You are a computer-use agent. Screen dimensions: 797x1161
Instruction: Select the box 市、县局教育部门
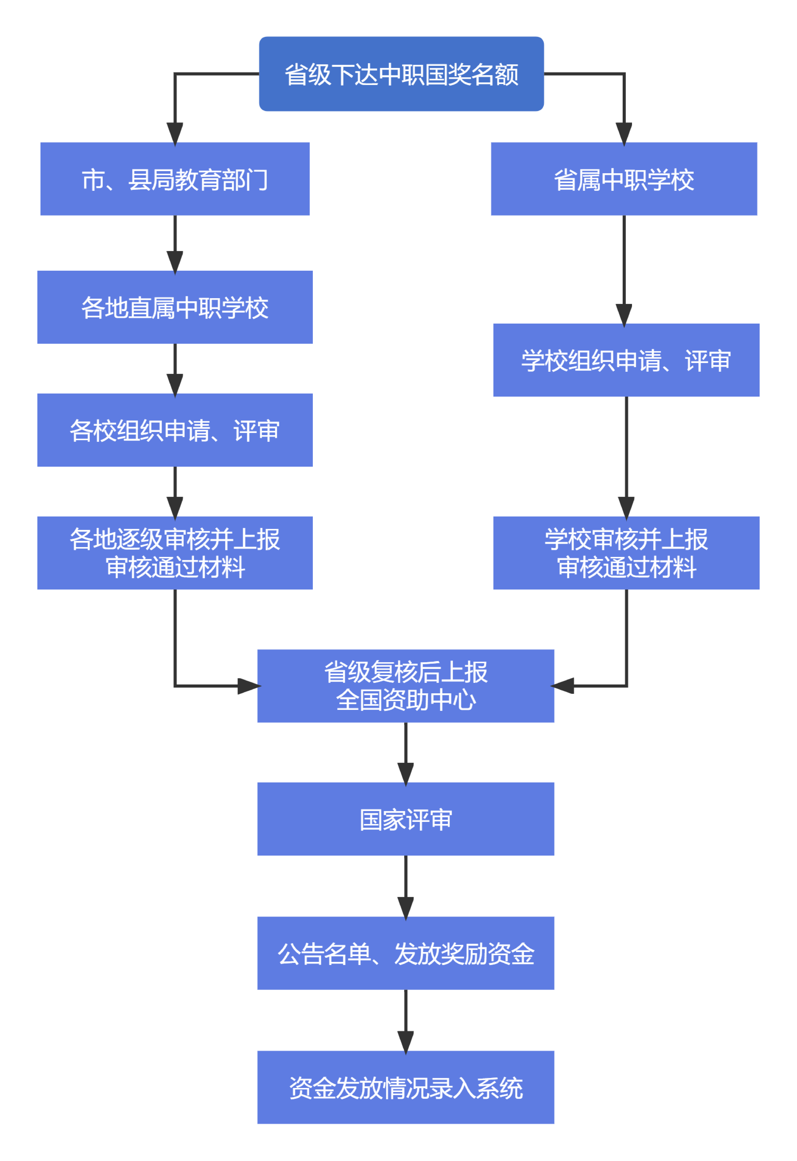[175, 179]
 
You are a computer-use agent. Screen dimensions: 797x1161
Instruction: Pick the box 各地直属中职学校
[175, 307]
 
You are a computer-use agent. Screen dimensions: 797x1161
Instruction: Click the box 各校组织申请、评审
[175, 430]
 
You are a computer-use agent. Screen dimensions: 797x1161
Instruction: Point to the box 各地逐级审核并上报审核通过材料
[175, 553]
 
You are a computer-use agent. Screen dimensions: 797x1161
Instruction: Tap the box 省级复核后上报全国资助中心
[405, 686]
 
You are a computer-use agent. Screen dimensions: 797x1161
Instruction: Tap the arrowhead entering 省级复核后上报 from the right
[562, 686]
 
